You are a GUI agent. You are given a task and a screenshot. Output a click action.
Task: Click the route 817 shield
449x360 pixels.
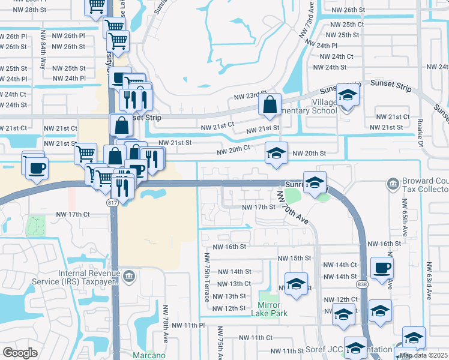(112, 203)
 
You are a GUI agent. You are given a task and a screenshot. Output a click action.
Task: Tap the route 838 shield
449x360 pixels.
(361, 284)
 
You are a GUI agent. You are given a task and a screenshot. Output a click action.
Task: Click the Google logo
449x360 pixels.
(20, 353)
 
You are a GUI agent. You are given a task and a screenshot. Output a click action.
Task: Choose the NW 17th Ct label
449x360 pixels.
(73, 214)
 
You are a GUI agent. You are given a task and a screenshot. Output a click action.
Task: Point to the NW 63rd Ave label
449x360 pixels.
(429, 280)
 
